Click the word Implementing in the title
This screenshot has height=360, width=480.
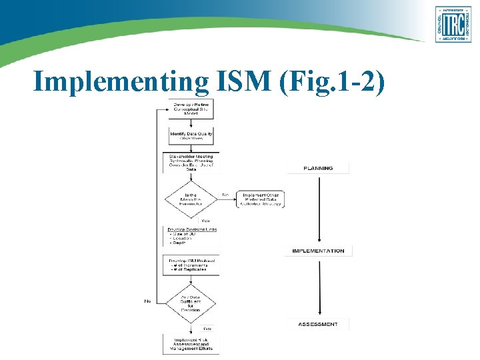pos(120,81)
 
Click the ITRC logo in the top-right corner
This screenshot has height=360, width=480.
pos(453,24)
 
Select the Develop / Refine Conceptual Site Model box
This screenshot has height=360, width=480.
pos(191,109)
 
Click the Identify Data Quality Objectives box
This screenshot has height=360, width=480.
pos(191,136)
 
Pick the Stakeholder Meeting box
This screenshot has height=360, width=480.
pos(191,163)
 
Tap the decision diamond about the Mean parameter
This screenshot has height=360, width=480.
pos(191,199)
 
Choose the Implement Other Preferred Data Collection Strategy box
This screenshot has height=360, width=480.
pos(260,199)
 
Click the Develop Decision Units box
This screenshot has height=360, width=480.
pos(191,236)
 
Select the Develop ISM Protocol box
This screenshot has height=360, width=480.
pos(191,264)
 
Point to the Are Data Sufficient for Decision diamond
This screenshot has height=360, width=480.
pos(191,301)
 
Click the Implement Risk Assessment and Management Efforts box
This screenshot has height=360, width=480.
pos(191,343)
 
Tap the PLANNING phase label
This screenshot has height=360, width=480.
pos(318,168)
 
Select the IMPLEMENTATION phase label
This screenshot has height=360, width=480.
pos(319,251)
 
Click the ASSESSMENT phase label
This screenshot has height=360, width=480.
pos(318,324)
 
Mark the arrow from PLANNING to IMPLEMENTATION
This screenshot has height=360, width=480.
pos(319,209)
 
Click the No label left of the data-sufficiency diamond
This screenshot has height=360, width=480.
pos(147,301)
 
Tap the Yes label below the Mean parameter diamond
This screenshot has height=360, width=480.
pos(205,221)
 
